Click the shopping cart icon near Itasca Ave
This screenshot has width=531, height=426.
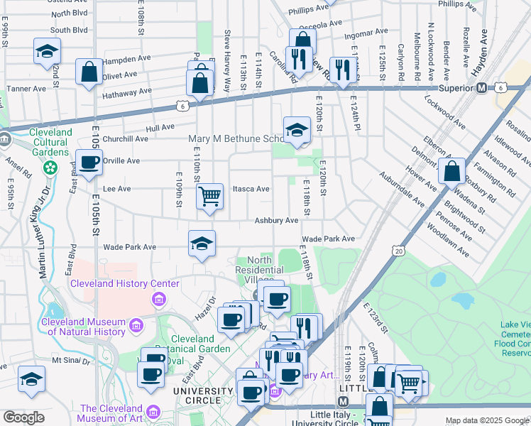(x=209, y=195)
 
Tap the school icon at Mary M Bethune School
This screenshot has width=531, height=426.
(x=297, y=129)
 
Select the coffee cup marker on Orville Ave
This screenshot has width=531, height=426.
(x=89, y=163)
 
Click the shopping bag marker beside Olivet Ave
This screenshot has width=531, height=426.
(x=89, y=72)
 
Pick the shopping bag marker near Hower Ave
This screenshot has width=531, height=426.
(x=451, y=171)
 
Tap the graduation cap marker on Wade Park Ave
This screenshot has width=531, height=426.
(x=202, y=244)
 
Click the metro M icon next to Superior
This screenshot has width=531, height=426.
(x=481, y=88)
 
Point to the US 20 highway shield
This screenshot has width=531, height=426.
(x=398, y=251)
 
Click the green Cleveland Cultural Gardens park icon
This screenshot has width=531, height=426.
(x=50, y=168)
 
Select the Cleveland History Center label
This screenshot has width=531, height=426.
(x=124, y=284)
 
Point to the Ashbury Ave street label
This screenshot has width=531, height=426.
(x=277, y=221)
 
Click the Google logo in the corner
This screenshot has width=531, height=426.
(x=23, y=417)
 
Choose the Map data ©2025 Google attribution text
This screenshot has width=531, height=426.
(x=486, y=420)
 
